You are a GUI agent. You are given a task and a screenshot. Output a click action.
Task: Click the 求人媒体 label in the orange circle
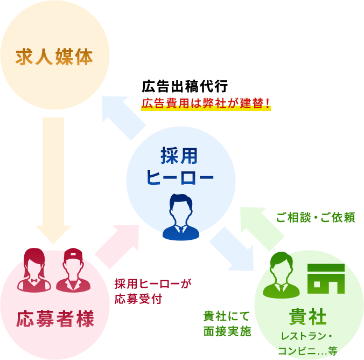click(x=54, y=56)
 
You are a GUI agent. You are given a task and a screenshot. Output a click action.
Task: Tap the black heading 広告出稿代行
click(x=185, y=86)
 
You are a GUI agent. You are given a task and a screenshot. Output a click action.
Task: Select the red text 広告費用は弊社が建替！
click(x=206, y=103)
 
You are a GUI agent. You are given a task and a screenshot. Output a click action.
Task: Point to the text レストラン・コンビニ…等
click(x=308, y=343)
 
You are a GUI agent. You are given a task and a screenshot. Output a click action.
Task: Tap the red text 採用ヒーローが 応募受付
click(x=153, y=291)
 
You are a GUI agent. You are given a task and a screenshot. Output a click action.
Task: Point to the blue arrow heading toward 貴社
click(x=232, y=248)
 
